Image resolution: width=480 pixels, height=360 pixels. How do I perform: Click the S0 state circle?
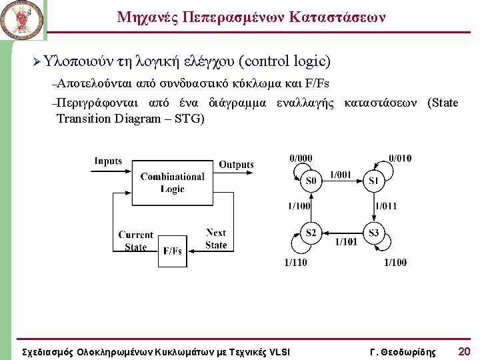click(x=311, y=181)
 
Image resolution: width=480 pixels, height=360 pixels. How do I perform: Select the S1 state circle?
click(x=373, y=181)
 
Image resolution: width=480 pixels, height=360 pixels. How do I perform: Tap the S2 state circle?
click(x=311, y=233)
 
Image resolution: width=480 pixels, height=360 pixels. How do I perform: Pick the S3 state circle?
click(x=373, y=233)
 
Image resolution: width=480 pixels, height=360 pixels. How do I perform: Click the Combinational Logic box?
click(x=172, y=183)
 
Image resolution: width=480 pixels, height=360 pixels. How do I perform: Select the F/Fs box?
click(x=172, y=251)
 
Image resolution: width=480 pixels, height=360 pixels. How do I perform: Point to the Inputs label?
click(x=108, y=161)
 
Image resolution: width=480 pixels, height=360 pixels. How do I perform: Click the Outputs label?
click(x=236, y=164)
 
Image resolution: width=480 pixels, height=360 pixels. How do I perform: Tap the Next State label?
click(x=216, y=239)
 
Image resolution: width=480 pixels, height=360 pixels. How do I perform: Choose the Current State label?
click(x=135, y=241)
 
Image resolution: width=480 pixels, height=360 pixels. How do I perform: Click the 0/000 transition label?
click(x=301, y=157)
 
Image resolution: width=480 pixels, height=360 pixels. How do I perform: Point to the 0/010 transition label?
click(x=400, y=157)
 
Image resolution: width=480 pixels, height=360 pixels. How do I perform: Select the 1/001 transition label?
click(x=341, y=175)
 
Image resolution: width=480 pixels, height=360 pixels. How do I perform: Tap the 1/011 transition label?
click(x=385, y=206)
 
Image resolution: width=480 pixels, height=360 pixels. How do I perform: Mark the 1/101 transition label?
click(x=345, y=241)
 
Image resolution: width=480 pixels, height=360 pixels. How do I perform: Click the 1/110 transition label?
click(x=296, y=263)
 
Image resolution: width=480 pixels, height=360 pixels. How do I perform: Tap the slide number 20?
click(x=464, y=351)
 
